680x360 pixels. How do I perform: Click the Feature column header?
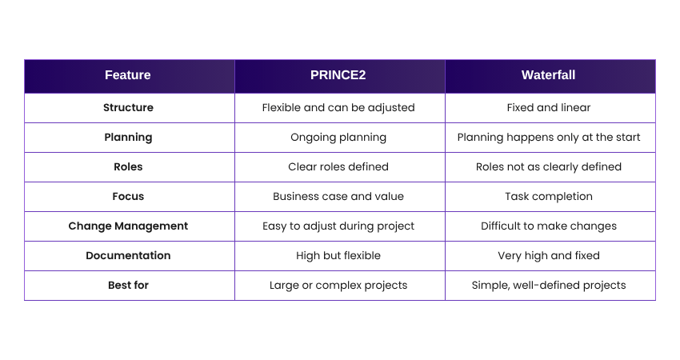tap(128, 75)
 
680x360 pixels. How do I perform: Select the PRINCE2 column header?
tap(338, 75)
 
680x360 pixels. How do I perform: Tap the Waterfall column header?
tap(548, 75)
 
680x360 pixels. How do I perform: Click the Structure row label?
tap(128, 107)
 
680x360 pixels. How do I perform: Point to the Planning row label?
tap(128, 138)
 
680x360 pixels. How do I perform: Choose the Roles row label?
tap(128, 167)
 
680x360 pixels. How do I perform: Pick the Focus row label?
tap(128, 197)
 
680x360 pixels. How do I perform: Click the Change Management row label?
tap(128, 226)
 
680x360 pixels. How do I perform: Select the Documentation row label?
tap(128, 255)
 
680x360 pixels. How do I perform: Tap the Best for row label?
tap(128, 285)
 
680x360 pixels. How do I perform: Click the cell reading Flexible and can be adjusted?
tap(338, 107)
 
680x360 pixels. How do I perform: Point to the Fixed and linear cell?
tap(549, 107)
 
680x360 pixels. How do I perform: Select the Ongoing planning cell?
tap(338, 138)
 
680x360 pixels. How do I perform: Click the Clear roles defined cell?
tap(338, 167)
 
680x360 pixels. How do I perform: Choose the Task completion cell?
tap(549, 197)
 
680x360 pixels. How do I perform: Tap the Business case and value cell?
tap(338, 197)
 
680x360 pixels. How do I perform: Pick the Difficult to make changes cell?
tap(549, 226)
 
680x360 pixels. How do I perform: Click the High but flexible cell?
tap(338, 255)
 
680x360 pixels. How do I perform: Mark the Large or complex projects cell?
tap(338, 285)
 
